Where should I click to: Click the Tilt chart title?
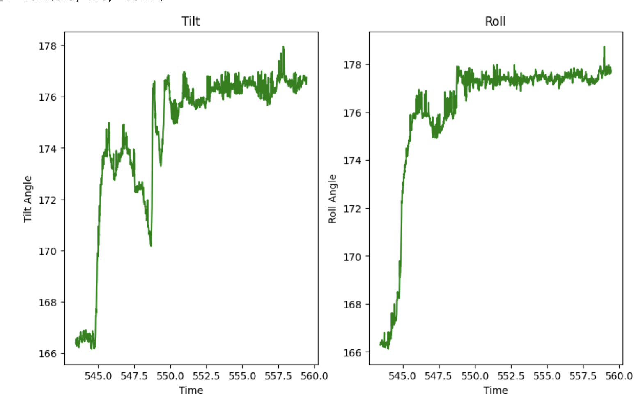click(x=191, y=21)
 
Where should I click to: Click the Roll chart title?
click(x=495, y=21)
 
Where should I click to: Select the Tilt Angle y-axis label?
click(x=28, y=199)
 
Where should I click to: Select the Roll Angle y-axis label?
click(x=332, y=199)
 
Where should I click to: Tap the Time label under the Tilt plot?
click(x=191, y=390)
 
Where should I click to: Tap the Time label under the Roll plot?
click(x=495, y=390)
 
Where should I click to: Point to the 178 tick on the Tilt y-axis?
click(x=48, y=46)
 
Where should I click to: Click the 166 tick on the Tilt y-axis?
click(x=48, y=354)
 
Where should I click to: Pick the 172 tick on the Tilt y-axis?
click(x=48, y=200)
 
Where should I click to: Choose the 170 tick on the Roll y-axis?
click(x=352, y=257)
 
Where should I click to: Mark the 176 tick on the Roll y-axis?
click(x=352, y=113)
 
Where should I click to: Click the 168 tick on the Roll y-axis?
click(x=352, y=305)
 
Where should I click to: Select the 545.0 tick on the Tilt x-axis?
click(x=98, y=376)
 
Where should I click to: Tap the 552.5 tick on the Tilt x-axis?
click(x=206, y=376)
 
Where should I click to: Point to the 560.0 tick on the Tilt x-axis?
click(x=314, y=376)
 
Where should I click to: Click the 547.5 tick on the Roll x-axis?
click(x=439, y=376)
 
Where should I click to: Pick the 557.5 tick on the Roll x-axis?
click(x=583, y=376)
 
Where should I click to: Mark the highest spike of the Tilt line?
click(x=283, y=47)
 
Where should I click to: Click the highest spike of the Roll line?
click(x=604, y=47)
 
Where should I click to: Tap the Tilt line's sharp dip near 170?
click(x=151, y=245)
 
